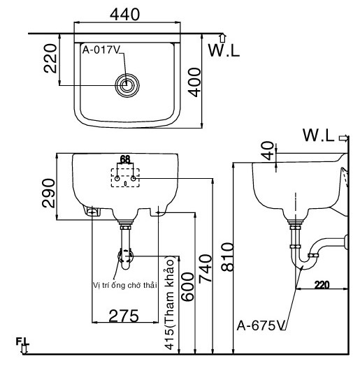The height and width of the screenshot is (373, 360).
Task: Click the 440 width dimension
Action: (x=124, y=14)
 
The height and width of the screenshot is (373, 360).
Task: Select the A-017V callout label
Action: (x=101, y=50)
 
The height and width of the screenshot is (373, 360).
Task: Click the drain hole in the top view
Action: (x=127, y=85)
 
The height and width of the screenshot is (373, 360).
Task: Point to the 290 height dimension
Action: (x=48, y=193)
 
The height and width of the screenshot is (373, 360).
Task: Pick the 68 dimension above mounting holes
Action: (x=125, y=159)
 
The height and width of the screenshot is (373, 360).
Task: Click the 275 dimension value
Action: (x=124, y=316)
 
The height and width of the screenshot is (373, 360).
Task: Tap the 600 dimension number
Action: (x=187, y=286)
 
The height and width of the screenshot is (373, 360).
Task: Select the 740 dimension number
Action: (x=205, y=269)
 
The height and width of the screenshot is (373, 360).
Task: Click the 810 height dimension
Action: (x=227, y=257)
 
